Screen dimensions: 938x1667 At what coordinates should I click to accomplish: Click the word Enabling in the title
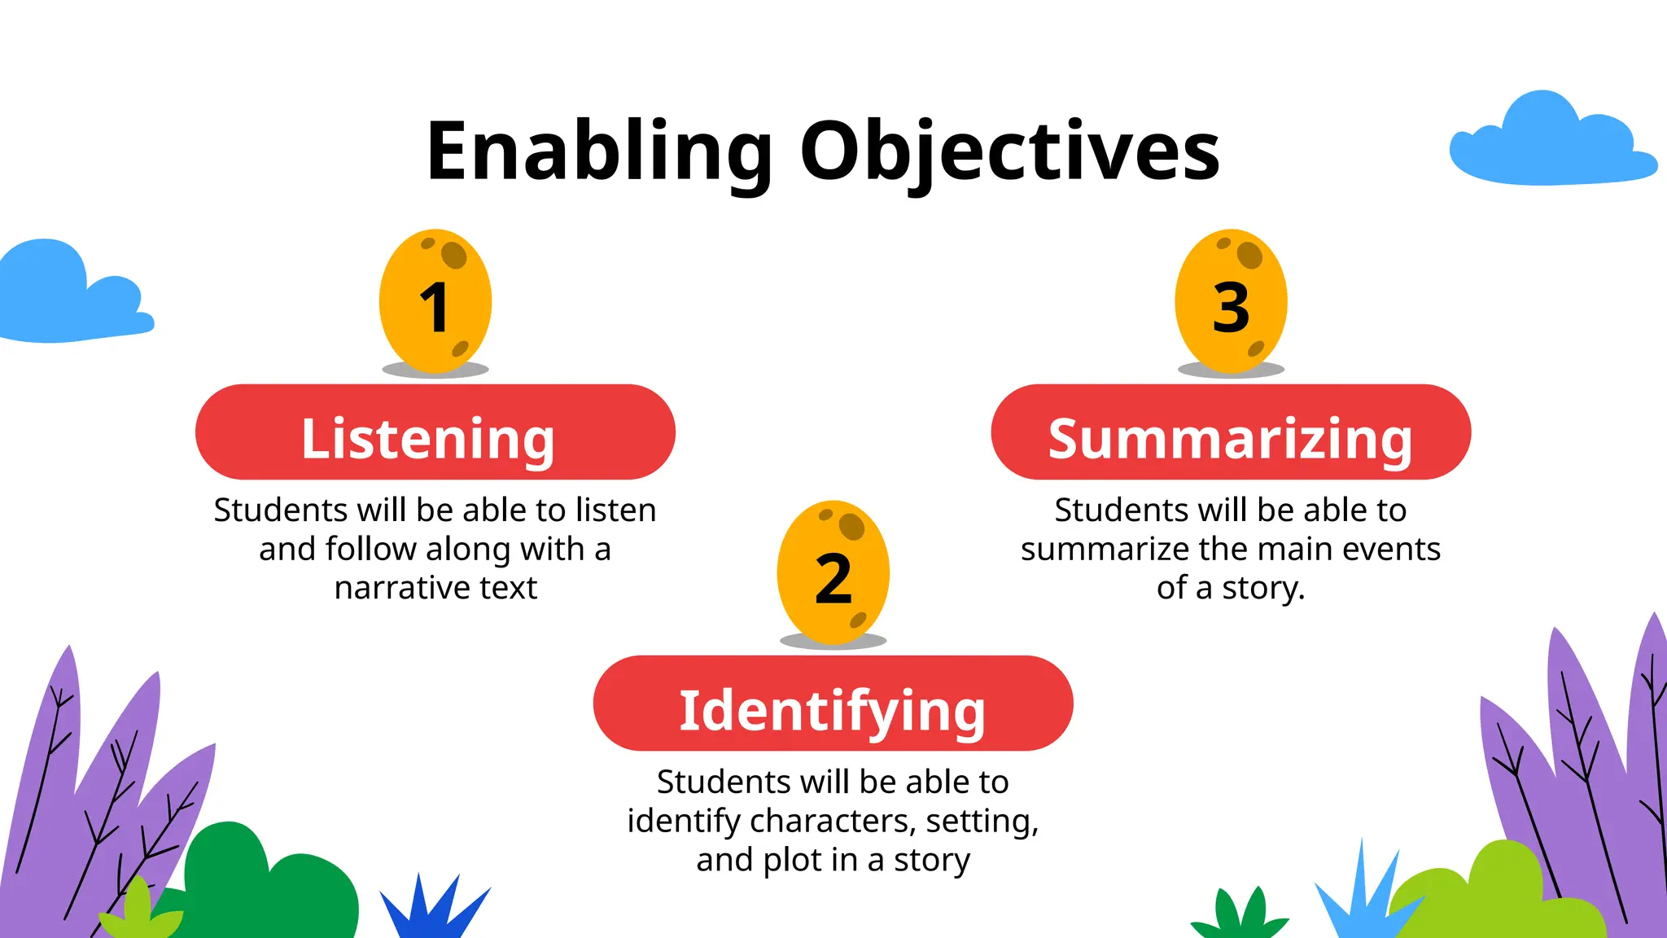(598, 152)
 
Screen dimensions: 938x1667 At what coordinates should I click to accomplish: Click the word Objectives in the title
(1009, 152)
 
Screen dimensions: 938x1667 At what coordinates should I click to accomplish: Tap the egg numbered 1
(435, 301)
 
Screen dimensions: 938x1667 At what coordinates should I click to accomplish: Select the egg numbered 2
(833, 572)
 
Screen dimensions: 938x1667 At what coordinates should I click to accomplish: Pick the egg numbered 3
(1231, 301)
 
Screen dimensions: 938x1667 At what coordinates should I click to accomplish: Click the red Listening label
(435, 432)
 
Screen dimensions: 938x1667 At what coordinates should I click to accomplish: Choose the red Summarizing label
(1231, 432)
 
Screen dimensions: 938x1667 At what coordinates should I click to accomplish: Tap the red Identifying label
(833, 703)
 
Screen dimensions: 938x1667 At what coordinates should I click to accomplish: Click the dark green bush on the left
(269, 888)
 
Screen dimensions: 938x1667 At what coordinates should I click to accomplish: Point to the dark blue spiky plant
(431, 908)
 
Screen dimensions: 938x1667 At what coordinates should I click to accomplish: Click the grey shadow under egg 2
(833, 642)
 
